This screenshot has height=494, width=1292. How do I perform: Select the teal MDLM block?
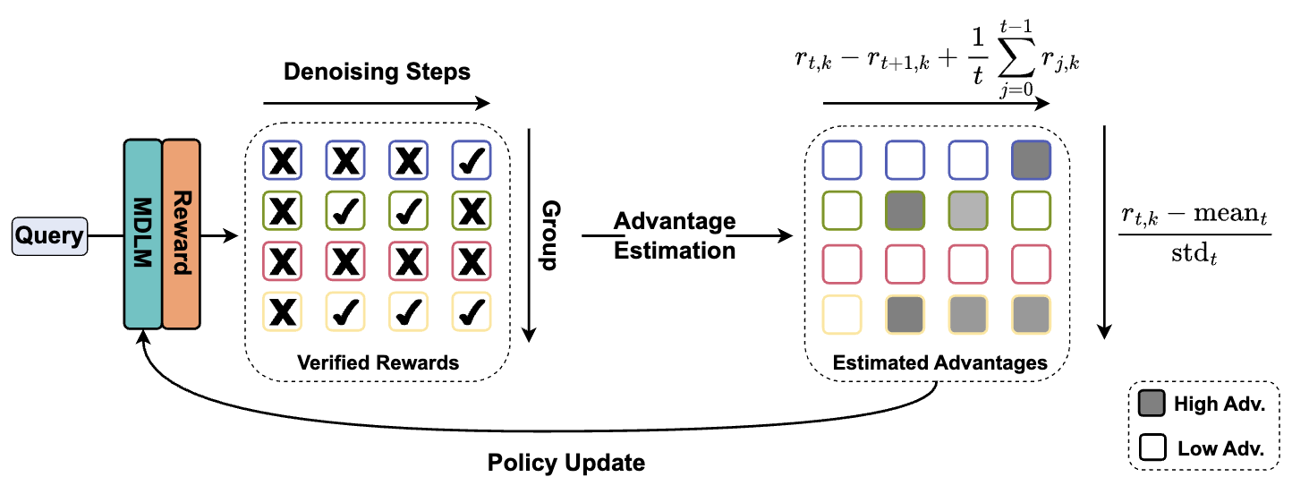point(142,234)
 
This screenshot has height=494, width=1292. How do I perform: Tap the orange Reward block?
point(181,234)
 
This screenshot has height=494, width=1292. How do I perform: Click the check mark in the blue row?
point(471,160)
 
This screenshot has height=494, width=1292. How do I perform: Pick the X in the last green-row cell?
point(471,211)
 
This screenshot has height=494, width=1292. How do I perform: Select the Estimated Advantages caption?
point(939,363)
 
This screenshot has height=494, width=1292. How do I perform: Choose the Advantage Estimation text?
point(675,235)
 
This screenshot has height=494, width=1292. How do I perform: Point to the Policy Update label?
point(565,463)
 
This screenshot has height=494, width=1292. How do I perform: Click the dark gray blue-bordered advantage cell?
point(1030,160)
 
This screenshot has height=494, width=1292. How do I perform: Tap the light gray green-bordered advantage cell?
point(968,211)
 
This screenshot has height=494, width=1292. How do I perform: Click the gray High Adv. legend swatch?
point(1152,405)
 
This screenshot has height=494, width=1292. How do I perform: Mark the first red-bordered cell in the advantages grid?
point(841,262)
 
